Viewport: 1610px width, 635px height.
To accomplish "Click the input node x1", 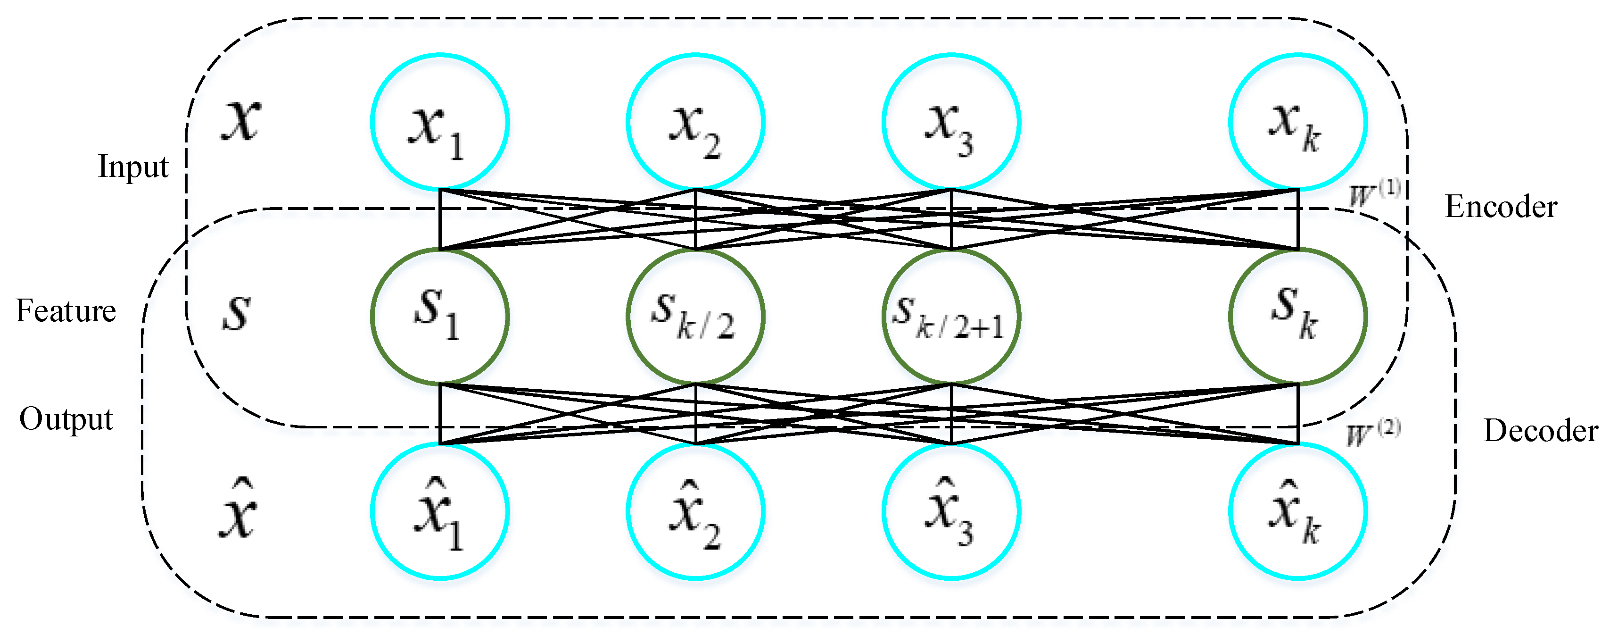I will coord(440,122).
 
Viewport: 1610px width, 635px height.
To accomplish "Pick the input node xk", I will coord(1298,122).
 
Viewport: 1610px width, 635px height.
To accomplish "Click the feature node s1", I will coord(440,317).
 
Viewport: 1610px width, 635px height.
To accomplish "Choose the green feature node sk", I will coord(1298,317).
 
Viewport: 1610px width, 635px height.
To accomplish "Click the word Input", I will coord(133,167).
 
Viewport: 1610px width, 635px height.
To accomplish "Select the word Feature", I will coord(66,311).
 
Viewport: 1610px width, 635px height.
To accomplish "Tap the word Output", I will coord(66,419).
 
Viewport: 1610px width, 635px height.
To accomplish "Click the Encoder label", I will coord(1501,207).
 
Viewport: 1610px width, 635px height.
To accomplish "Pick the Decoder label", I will coord(1541,431).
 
